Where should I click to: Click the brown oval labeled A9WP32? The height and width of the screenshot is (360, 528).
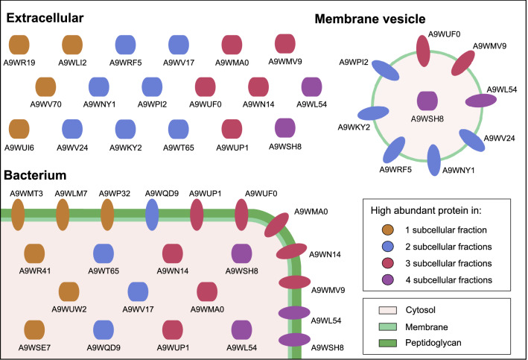[x=107, y=213]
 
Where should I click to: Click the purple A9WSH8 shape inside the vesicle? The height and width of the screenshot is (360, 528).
[x=427, y=101]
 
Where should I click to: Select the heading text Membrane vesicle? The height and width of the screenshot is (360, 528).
[x=423, y=18]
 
